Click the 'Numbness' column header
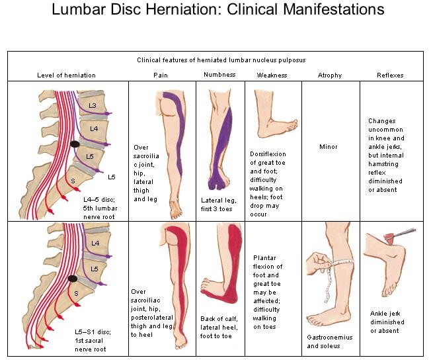(x=219, y=75)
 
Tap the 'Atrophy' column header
(x=330, y=75)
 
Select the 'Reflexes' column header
(x=390, y=75)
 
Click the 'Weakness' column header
(x=272, y=75)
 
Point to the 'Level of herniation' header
(x=66, y=75)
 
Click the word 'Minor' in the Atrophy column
(x=328, y=147)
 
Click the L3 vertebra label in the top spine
(x=93, y=105)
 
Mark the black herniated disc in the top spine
(x=75, y=144)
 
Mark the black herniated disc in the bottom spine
(x=73, y=279)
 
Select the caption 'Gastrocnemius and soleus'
(x=329, y=341)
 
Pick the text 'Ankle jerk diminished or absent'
(x=387, y=322)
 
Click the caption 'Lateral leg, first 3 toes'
(x=218, y=204)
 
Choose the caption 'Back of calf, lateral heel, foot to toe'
(x=219, y=328)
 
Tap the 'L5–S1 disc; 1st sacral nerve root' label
(x=93, y=340)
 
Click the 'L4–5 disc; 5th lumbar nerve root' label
(x=100, y=208)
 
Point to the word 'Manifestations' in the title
(x=333, y=9)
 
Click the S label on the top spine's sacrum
(x=73, y=181)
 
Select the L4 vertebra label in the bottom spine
(x=95, y=243)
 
